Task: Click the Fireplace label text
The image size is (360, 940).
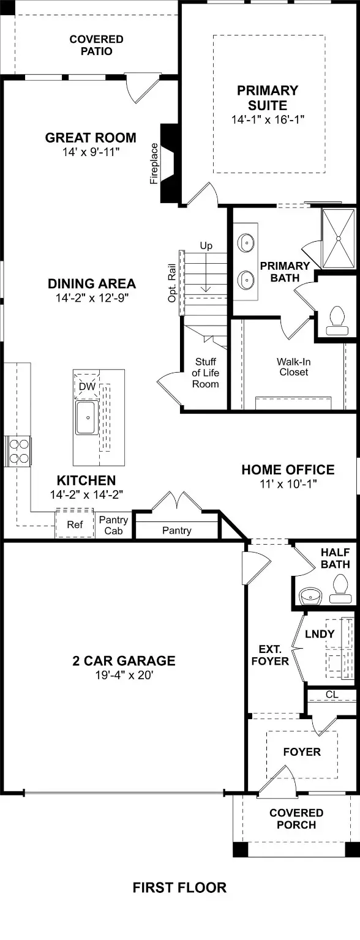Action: pyautogui.click(x=154, y=163)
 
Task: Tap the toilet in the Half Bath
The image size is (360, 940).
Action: pyautogui.click(x=340, y=589)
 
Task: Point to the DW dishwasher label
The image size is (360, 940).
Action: pyautogui.click(x=88, y=386)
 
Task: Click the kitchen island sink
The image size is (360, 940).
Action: pyautogui.click(x=88, y=417)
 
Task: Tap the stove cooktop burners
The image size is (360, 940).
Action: pyautogui.click(x=18, y=451)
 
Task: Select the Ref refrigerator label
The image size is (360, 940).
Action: pyautogui.click(x=75, y=524)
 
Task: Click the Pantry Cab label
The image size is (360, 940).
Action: pyautogui.click(x=113, y=525)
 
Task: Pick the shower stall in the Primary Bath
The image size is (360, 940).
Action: pyautogui.click(x=338, y=237)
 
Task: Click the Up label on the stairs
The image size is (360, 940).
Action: pyautogui.click(x=206, y=245)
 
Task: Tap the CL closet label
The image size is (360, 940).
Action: pyautogui.click(x=331, y=695)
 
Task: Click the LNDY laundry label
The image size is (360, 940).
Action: pyautogui.click(x=320, y=633)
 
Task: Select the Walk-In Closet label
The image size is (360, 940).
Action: pyautogui.click(x=294, y=367)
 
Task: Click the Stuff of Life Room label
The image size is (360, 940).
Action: pyautogui.click(x=206, y=373)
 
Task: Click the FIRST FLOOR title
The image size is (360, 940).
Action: pyautogui.click(x=179, y=887)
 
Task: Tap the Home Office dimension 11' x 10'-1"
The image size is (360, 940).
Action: pyautogui.click(x=288, y=484)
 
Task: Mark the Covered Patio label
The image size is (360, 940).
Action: pyautogui.click(x=97, y=45)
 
